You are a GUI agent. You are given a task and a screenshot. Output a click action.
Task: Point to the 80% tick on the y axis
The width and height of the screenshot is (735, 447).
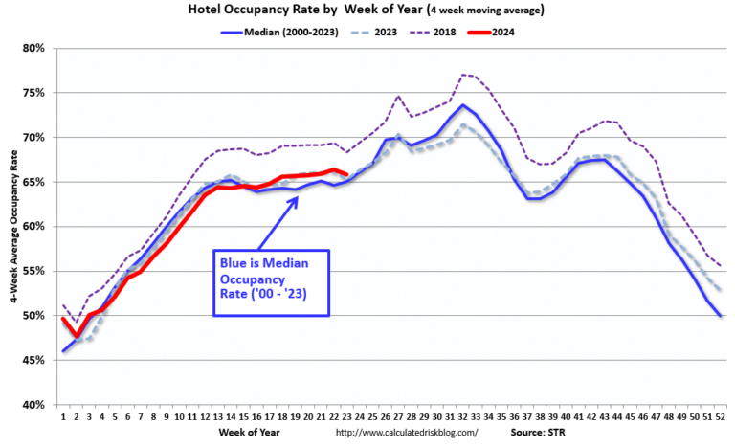click(35, 48)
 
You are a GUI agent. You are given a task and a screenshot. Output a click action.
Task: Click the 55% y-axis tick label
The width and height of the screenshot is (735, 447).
click(35, 271)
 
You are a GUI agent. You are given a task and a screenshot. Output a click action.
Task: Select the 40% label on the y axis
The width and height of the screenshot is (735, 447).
click(35, 405)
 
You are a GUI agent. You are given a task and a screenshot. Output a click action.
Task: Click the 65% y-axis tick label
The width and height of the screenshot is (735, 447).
click(35, 182)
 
